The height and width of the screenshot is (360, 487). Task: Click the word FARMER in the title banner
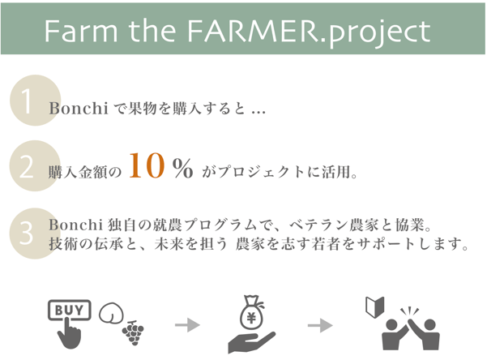251,31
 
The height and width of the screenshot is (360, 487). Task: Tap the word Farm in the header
81,31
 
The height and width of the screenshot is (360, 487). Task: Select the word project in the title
379,33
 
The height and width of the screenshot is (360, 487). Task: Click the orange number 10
147,165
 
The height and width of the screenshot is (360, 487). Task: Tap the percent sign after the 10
182,168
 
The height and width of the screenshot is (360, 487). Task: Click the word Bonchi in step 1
79,109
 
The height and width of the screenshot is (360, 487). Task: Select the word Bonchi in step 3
75,225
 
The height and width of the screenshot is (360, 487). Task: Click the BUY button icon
69,310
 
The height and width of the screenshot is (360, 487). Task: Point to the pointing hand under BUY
69,333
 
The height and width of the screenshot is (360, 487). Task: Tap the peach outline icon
111,313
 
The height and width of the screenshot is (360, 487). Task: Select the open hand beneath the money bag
250,341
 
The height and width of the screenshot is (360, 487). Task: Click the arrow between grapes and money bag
188,325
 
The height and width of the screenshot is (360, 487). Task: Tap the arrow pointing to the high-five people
320,325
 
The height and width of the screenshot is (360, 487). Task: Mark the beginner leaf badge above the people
375,306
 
